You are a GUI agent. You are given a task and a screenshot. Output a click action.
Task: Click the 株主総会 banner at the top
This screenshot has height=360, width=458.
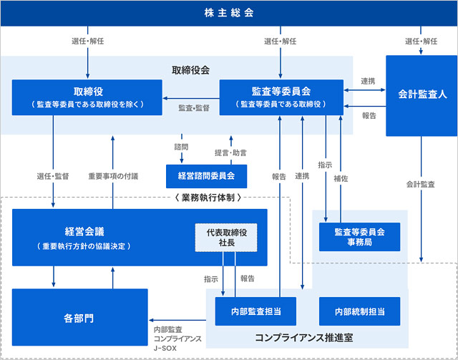pyautogui.click(x=229, y=13)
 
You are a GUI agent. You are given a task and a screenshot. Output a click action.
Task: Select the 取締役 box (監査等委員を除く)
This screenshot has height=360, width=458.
pyautogui.click(x=88, y=97)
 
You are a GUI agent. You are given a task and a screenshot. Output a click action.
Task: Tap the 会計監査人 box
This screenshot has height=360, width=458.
pyautogui.click(x=422, y=94)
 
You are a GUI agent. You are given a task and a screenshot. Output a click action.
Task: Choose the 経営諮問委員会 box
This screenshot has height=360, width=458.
pyautogui.click(x=206, y=175)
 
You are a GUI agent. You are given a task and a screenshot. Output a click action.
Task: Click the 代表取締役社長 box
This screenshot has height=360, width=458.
pyautogui.click(x=225, y=237)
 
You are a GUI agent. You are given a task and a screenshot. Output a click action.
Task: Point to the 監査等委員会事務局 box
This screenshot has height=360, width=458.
pyautogui.click(x=359, y=237)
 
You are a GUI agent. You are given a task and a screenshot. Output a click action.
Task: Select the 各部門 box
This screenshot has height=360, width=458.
pyautogui.click(x=79, y=315)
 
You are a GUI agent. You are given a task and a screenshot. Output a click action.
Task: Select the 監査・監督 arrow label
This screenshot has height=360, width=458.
pyautogui.click(x=193, y=108)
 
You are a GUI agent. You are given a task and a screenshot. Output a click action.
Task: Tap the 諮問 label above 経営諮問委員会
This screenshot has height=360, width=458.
pyautogui.click(x=182, y=147)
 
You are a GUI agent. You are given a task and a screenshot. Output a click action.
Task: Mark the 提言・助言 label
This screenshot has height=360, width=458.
pyautogui.click(x=231, y=153)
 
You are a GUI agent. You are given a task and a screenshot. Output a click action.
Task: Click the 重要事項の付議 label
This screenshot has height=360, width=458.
pyautogui.click(x=113, y=176)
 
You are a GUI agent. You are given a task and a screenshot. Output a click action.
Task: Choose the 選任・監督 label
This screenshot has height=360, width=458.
pyautogui.click(x=52, y=176)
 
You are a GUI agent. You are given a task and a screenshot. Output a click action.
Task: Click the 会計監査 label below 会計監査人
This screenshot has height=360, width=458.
pyautogui.click(x=421, y=184)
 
